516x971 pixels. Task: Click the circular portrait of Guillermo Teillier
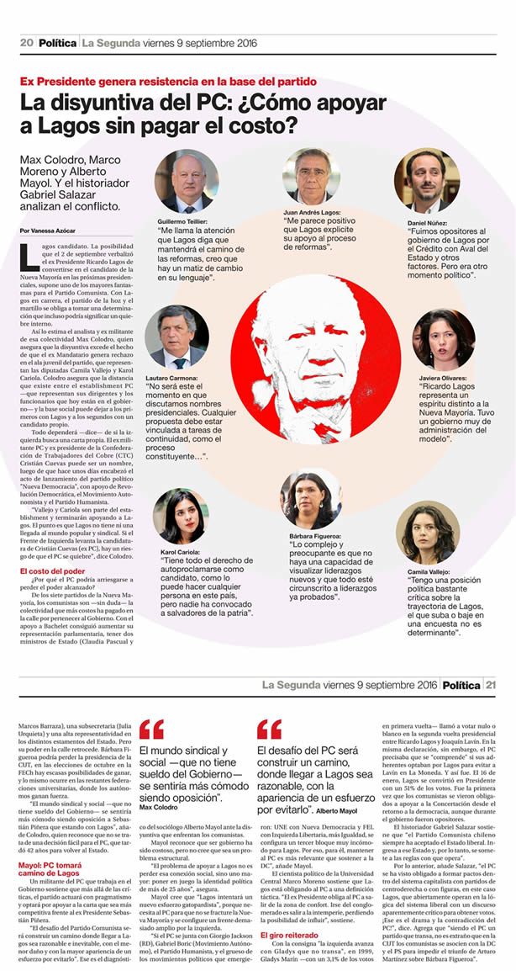point(187,181)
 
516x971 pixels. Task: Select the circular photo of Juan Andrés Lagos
point(312,176)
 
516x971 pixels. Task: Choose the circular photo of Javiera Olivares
point(444,340)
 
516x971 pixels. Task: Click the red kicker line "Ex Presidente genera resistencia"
point(168,82)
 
